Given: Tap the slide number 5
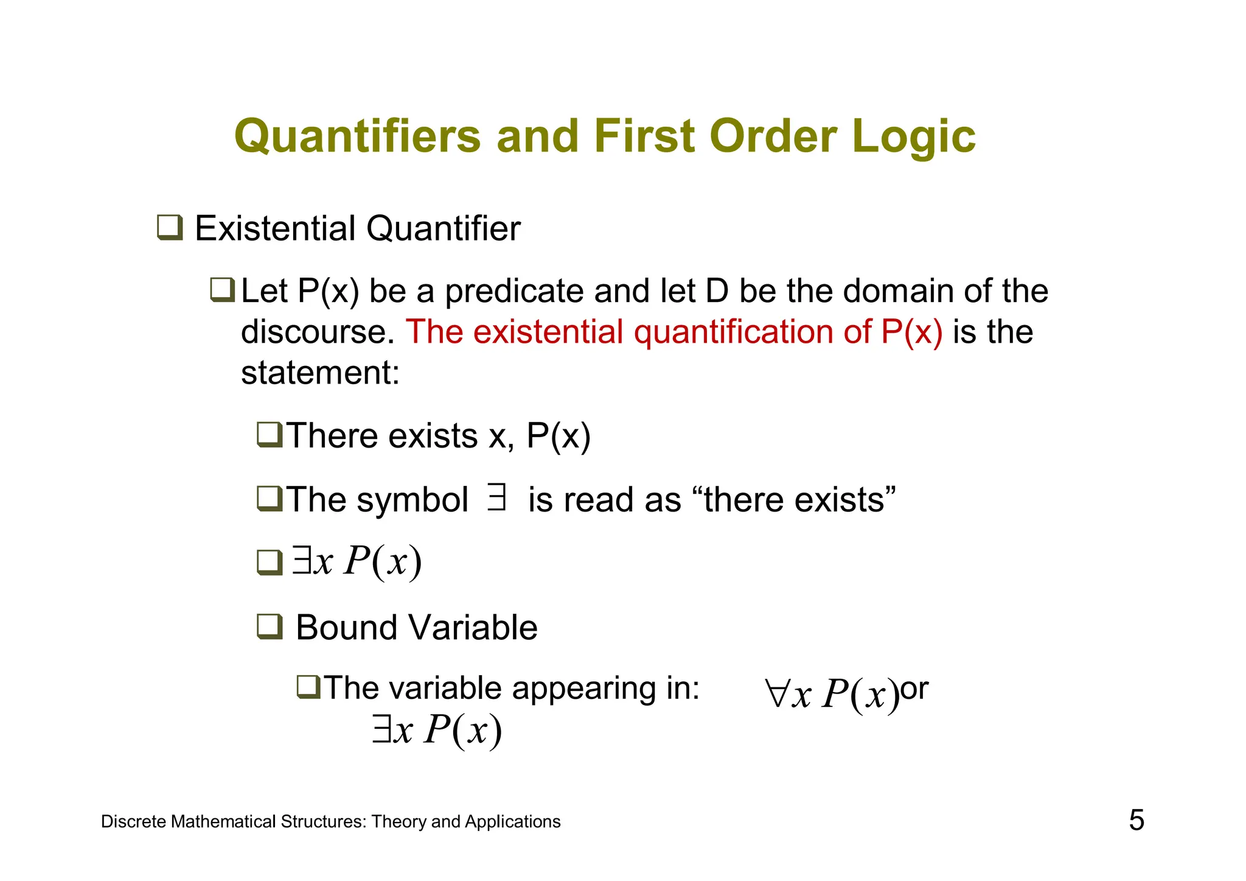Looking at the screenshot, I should (x=1136, y=820).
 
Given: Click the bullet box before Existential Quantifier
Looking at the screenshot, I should (x=170, y=228).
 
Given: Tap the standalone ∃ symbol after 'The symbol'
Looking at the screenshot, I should (x=496, y=497).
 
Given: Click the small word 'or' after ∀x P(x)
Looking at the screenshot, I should (x=914, y=689).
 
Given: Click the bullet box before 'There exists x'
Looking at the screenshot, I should (x=270, y=435).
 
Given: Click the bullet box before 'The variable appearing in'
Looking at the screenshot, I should (x=308, y=687).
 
